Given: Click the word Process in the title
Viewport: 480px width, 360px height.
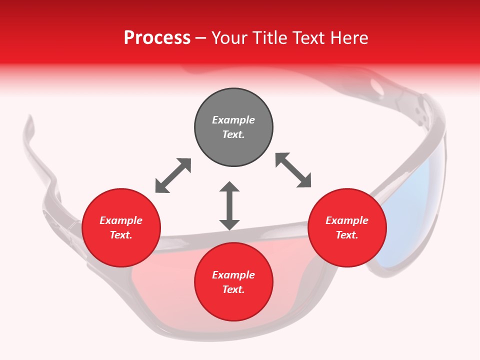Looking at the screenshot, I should click(x=157, y=38).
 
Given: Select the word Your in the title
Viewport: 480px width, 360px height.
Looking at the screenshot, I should click(x=229, y=38).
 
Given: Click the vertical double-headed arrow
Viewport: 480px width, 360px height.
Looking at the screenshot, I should click(x=229, y=206).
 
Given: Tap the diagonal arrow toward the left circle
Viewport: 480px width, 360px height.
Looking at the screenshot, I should click(x=173, y=175).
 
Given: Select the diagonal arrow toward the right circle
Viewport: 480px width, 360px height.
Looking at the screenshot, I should click(x=293, y=170).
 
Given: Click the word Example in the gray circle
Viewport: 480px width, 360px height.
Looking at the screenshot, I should click(x=233, y=120).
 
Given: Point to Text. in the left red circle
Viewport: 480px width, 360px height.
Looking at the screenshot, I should click(x=121, y=235).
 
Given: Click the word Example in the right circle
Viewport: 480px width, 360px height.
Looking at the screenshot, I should click(x=347, y=220).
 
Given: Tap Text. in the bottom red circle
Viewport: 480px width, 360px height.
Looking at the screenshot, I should click(x=233, y=289).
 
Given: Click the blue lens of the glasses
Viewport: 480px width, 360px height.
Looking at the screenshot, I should click(x=415, y=210).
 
